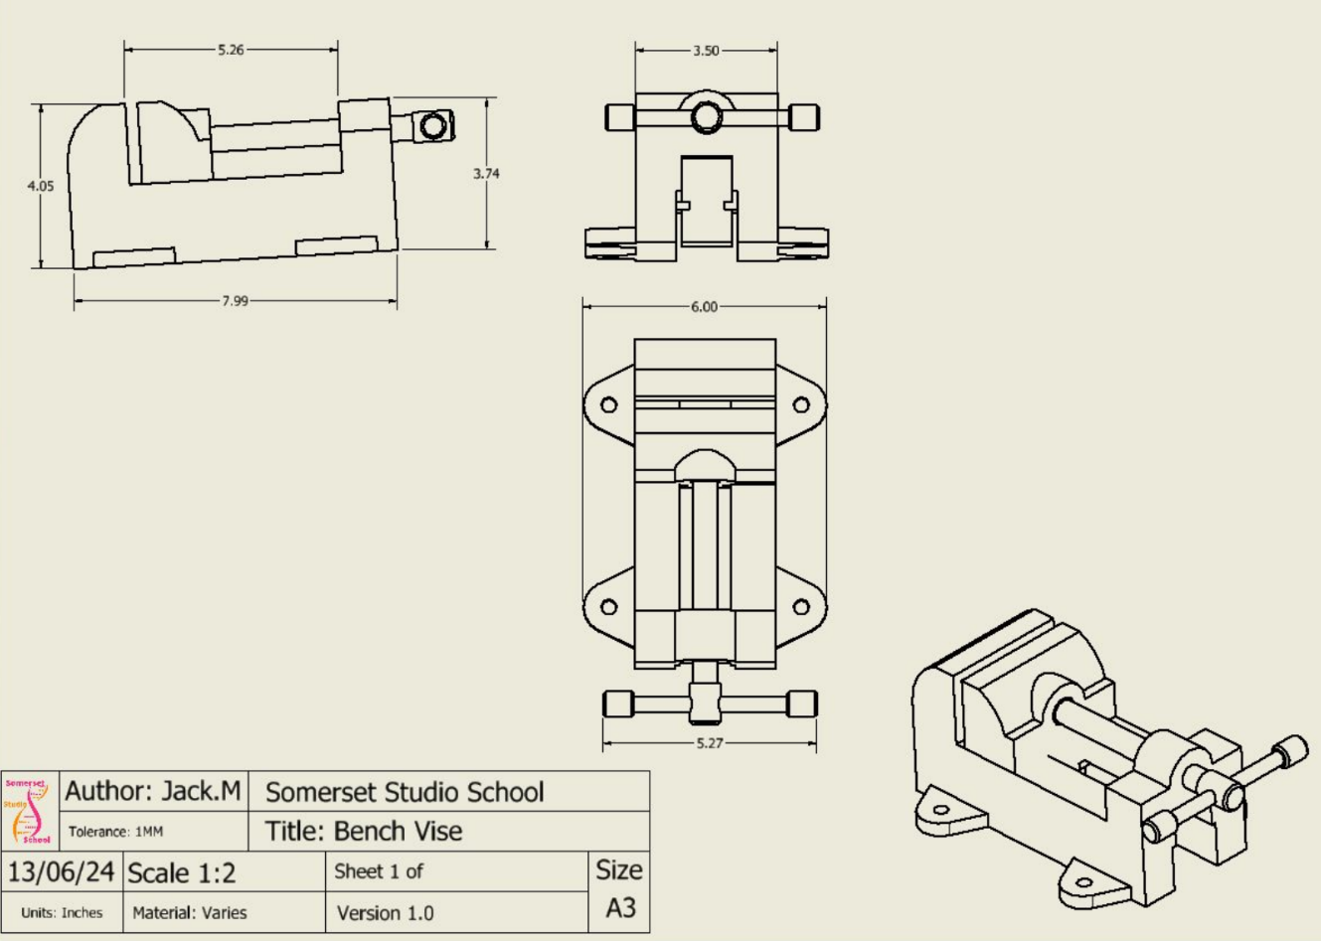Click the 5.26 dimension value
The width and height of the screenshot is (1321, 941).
click(x=231, y=50)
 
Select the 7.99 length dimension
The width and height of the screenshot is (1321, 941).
click(x=235, y=301)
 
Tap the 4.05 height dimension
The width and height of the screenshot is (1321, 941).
click(x=41, y=186)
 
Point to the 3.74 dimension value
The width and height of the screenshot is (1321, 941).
click(x=486, y=174)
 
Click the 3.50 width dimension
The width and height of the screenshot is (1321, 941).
click(x=706, y=51)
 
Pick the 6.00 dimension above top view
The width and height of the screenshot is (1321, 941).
click(x=704, y=307)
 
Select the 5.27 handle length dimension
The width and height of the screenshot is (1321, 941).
click(x=710, y=743)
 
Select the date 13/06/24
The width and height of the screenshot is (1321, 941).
click(x=62, y=872)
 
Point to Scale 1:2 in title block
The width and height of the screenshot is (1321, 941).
click(x=183, y=872)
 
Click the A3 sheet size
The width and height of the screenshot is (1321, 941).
click(x=619, y=908)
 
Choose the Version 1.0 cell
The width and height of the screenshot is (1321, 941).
click(x=385, y=913)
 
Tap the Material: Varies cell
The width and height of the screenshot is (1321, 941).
click(x=190, y=913)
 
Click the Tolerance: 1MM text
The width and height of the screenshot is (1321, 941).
click(x=115, y=832)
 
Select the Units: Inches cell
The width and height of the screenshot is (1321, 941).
click(x=62, y=913)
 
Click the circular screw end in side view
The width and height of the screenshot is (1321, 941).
click(x=432, y=126)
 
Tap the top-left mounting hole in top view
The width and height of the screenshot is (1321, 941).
click(x=609, y=405)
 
